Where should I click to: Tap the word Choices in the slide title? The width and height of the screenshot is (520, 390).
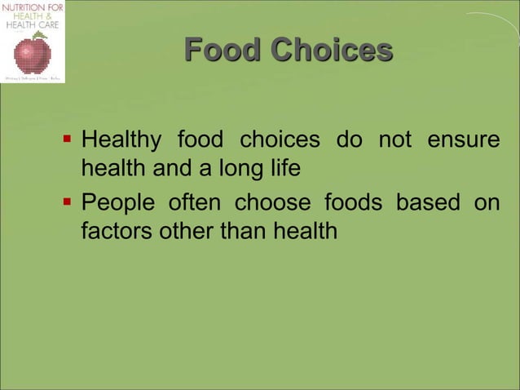(x=332, y=51)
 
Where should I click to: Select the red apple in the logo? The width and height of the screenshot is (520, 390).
(x=33, y=54)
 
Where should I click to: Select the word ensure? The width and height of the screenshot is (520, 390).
(x=464, y=140)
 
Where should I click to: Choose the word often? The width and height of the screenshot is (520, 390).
(x=194, y=202)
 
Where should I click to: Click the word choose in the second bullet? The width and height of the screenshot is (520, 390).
(x=272, y=202)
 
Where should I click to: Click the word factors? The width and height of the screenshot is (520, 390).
(x=114, y=231)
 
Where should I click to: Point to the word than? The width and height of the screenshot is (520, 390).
(x=243, y=231)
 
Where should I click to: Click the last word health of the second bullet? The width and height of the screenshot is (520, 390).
(x=306, y=231)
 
